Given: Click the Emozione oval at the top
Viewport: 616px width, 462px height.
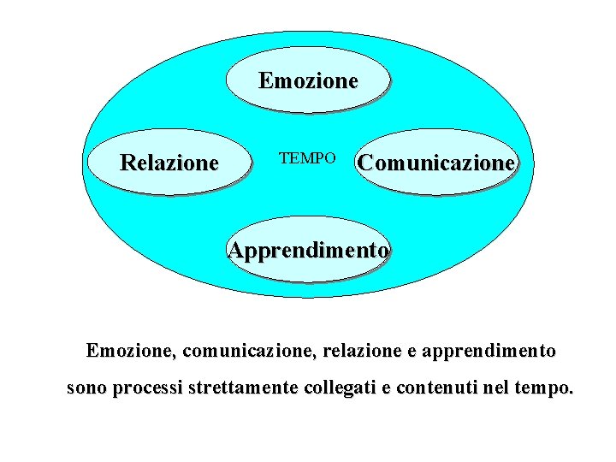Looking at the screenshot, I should [308, 80].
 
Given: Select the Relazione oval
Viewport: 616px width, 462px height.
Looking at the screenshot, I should [169, 162].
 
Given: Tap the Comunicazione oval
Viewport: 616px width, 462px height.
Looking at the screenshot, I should [437, 162].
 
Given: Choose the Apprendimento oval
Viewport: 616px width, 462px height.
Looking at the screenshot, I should [309, 251].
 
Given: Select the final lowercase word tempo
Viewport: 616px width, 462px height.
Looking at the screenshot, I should [546, 389].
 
